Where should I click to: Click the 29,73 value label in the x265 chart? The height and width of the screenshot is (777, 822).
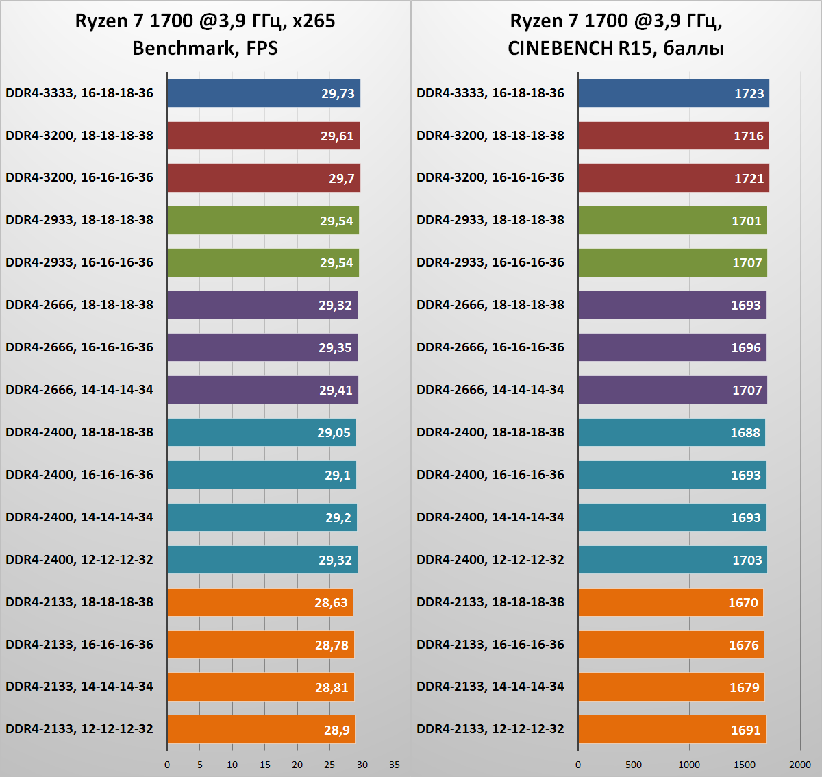(x=338, y=94)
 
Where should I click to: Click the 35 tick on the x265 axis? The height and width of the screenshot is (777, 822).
(x=395, y=765)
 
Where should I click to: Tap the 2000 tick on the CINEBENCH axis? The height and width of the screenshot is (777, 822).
(x=799, y=765)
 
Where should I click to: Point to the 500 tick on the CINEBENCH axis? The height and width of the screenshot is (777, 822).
(x=634, y=765)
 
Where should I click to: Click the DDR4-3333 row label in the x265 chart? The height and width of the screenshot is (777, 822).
(x=79, y=93)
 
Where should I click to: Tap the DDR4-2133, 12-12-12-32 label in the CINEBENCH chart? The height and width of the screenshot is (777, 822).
(x=490, y=729)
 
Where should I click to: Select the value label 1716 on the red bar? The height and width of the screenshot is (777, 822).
(x=748, y=136)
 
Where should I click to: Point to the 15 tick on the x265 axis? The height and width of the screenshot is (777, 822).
(x=265, y=765)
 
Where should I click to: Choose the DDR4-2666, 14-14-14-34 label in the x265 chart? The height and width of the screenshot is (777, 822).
(x=79, y=390)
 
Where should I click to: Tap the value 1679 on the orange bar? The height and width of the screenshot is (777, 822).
(x=744, y=688)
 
